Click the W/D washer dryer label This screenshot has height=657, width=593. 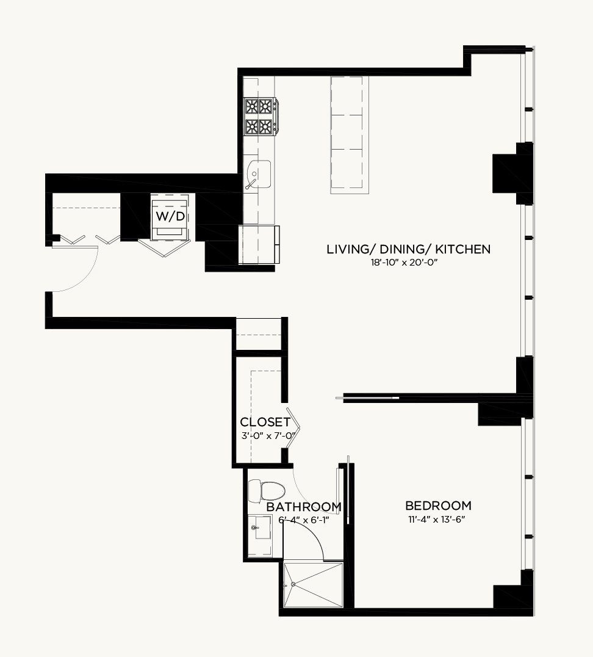[170, 216]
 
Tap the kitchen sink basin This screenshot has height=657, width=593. [259, 175]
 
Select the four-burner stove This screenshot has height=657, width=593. [261, 117]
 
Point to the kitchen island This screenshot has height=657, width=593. [350, 135]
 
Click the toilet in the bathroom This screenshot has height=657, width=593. [267, 491]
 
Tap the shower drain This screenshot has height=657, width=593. [293, 584]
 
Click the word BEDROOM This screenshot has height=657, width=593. [438, 506]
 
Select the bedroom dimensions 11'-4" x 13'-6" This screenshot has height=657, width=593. [437, 520]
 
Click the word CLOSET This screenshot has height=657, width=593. [265, 421]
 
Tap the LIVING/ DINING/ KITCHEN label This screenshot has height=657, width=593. [408, 249]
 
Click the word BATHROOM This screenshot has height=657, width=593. [304, 507]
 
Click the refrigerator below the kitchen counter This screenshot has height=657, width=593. [259, 244]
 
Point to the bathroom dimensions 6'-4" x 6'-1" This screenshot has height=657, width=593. [304, 520]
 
